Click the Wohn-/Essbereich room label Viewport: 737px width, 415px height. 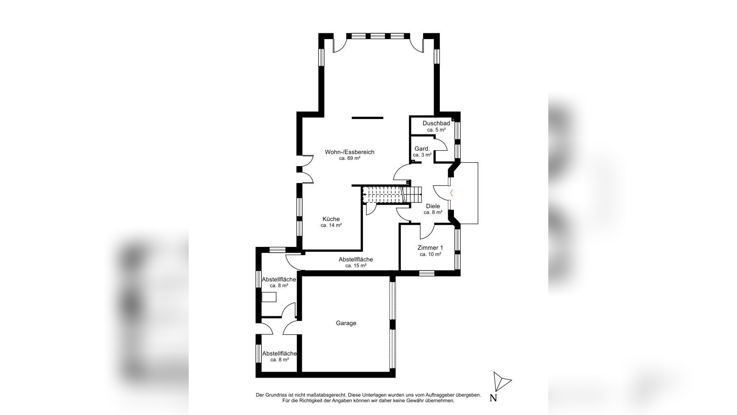[x=349, y=152]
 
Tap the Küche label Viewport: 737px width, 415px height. [x=331, y=219]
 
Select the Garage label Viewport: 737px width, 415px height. [x=346, y=323]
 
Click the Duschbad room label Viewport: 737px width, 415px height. [x=436, y=123]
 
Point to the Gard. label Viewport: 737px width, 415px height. [x=422, y=149]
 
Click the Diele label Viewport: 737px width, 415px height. [x=433, y=206]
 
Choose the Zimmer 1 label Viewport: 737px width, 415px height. [x=430, y=248]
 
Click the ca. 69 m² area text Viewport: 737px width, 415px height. [x=349, y=159]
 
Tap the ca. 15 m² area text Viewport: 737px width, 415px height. [x=355, y=266]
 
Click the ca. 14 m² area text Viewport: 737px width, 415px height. [x=331, y=225]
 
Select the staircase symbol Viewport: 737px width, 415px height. [x=391, y=194]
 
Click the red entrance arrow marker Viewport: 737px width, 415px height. [x=452, y=192]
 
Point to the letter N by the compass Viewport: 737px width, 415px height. [x=493, y=398]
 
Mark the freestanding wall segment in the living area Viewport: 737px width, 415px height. [x=367, y=118]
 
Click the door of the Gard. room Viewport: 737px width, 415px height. [x=440, y=144]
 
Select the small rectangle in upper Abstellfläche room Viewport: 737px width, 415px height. [x=269, y=296]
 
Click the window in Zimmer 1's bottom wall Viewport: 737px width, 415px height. [x=426, y=273]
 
